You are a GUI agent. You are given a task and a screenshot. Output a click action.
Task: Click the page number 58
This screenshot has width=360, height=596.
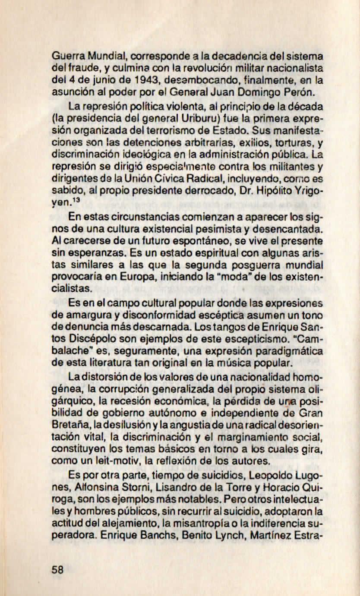click(x=57, y=569)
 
